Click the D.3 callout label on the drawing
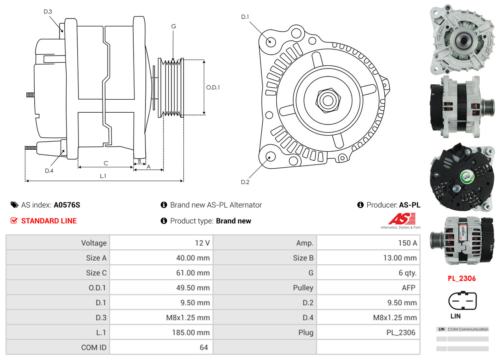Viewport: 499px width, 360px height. coord(48,11)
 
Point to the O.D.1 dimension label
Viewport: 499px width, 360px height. coord(213,87)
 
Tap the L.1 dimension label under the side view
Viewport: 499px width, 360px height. coord(103,176)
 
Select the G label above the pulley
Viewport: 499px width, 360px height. coord(173,26)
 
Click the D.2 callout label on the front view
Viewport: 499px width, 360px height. coord(245,182)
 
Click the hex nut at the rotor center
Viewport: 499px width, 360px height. coord(327,100)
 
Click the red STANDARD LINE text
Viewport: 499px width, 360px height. coord(49,221)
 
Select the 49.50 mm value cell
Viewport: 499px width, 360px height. coord(193,288)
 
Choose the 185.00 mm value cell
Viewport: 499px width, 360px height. coord(191,333)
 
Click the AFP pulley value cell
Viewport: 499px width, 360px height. coord(408,288)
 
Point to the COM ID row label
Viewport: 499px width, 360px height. coord(94,348)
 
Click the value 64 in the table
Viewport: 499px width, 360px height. coord(203,348)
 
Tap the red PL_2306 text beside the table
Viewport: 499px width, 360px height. coord(462,278)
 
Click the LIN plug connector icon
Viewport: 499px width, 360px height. coord(462,301)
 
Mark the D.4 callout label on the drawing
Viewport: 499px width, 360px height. coord(49,171)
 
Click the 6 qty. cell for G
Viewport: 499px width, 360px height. coord(407,273)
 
